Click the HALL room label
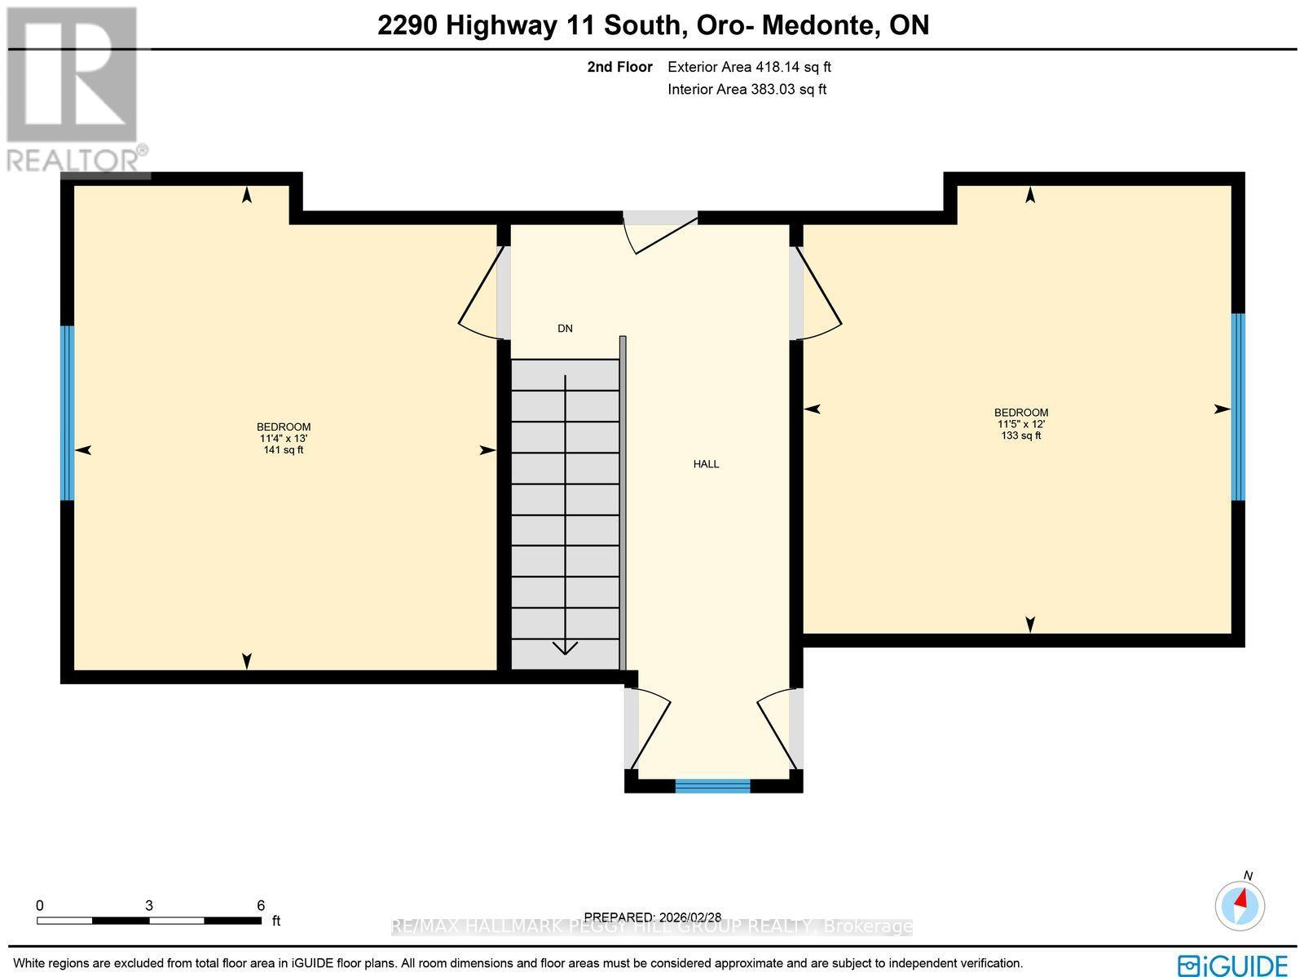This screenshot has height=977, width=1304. pos(706,464)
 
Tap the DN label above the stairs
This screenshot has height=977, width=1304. pos(565,329)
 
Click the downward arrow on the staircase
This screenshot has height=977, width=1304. pos(565,646)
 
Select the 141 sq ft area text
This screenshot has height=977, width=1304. pos(284,450)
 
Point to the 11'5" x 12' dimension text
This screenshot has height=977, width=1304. pos(1020,424)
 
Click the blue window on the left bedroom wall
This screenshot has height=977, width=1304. pos(68,413)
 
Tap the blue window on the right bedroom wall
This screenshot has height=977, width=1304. pos(1237,406)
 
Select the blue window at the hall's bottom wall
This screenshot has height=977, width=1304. pos(712,785)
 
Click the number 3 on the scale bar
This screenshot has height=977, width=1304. pos(149,905)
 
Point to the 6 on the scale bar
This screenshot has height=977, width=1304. pos(261,905)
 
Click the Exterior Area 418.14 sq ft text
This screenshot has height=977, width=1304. pos(749,68)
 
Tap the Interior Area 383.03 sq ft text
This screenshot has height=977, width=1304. pos(747,90)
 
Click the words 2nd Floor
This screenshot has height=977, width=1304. pos(619,68)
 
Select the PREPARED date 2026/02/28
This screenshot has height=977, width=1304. pos(653,917)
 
